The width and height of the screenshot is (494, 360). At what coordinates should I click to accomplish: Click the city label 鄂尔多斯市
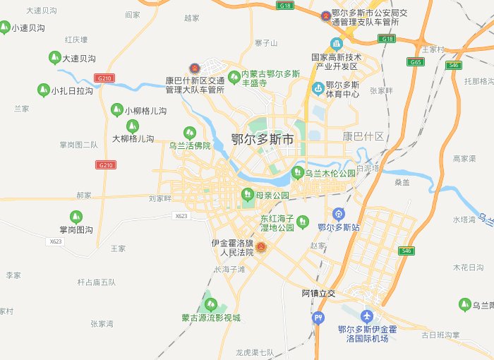263,140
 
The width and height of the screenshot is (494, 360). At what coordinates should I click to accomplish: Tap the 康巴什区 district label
363,136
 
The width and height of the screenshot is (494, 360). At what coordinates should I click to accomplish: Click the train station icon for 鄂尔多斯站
339,214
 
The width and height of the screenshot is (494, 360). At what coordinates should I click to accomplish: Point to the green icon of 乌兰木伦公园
297,173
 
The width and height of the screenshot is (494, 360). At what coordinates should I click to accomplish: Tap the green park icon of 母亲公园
247,194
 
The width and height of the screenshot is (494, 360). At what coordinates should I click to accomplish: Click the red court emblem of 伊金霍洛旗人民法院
261,247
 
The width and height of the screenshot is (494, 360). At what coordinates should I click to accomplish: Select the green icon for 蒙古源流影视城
210,304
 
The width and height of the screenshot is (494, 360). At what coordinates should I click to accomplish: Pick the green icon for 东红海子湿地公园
302,221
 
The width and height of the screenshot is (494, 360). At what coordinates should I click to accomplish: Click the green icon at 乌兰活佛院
189,132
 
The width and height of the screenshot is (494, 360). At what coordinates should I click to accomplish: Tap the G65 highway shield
417,62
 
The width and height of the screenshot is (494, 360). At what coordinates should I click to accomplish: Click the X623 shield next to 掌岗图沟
56,241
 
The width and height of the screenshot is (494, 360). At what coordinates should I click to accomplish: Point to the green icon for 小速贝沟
5,28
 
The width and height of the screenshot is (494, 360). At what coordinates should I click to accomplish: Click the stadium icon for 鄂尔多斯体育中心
318,88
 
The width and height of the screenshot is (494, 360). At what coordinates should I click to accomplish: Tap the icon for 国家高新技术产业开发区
337,44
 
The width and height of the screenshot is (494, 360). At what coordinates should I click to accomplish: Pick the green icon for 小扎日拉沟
43,90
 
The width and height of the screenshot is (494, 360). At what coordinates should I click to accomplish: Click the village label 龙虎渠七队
255,352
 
